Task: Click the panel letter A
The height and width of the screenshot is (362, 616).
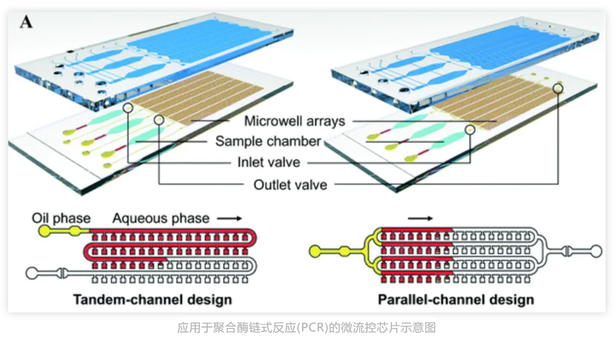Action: [26, 22]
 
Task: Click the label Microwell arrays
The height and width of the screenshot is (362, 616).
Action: [294, 121]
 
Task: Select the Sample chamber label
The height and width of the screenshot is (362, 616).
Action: [268, 142]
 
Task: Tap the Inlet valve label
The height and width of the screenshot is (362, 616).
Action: [269, 162]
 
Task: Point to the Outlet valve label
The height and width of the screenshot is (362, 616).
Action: [290, 184]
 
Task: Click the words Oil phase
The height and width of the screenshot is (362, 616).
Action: [61, 218]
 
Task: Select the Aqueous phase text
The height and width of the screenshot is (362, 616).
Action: [161, 218]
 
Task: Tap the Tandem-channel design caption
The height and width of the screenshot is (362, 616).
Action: [152, 299]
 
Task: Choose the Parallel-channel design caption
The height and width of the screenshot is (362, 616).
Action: [456, 299]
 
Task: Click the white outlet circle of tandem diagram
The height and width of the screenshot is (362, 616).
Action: [33, 273]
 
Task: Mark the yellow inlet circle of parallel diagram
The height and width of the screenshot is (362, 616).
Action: [315, 250]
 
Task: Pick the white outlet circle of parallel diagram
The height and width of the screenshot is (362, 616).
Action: [596, 250]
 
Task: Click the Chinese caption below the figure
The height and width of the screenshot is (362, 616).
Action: [307, 328]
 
